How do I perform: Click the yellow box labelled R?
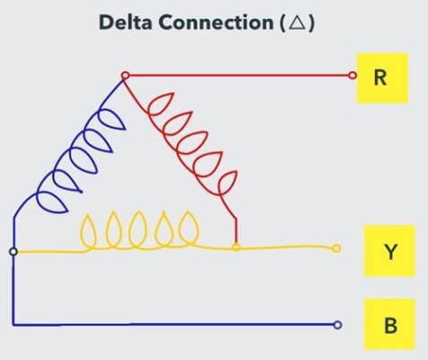(x=380, y=76)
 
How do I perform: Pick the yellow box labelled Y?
(x=389, y=251)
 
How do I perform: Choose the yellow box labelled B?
(x=389, y=325)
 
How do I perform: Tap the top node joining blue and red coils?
(x=125, y=76)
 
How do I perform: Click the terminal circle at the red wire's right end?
(x=353, y=76)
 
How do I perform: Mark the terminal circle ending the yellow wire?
(x=337, y=248)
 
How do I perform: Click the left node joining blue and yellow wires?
(x=13, y=251)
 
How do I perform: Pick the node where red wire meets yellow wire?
(x=236, y=247)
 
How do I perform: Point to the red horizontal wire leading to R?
(x=243, y=76)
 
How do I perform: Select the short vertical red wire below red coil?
(x=236, y=229)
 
